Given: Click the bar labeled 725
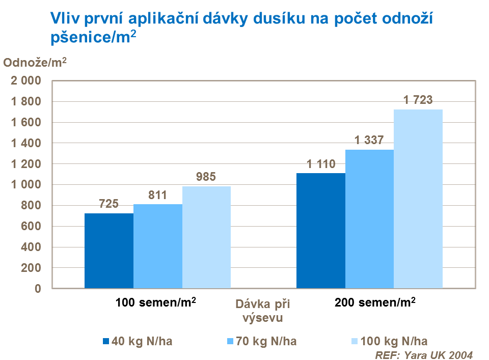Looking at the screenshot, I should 109,251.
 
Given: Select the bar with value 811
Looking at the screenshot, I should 158,246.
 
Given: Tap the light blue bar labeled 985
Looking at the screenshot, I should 207,237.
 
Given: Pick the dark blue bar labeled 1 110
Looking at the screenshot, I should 321,231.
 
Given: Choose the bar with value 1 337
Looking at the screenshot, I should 370,219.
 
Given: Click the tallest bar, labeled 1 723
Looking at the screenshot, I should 418,199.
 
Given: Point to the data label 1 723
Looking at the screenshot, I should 418,100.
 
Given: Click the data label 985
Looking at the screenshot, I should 206,177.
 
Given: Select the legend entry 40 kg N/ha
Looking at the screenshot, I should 138,341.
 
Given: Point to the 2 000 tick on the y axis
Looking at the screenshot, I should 25,81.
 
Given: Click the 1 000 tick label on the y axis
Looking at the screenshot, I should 25,185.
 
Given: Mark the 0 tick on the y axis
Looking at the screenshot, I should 37,289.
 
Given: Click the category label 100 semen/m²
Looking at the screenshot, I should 156,302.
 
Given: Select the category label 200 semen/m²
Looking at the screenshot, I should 375,302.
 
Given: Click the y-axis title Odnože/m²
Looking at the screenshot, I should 35,63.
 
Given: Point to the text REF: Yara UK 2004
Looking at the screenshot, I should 424,354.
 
